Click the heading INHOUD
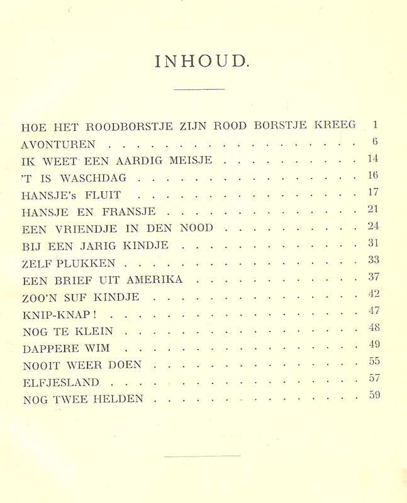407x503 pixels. click(203, 61)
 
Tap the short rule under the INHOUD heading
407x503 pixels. click(199, 89)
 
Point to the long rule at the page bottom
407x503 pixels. click(202, 456)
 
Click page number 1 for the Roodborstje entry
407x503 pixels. click(375, 124)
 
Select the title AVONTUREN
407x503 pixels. click(58, 145)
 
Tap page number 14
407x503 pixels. click(373, 159)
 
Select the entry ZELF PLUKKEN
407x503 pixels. click(68, 263)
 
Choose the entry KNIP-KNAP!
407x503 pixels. click(68, 314)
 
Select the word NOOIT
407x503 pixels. click(41, 365)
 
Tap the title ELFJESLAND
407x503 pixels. click(60, 382)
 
